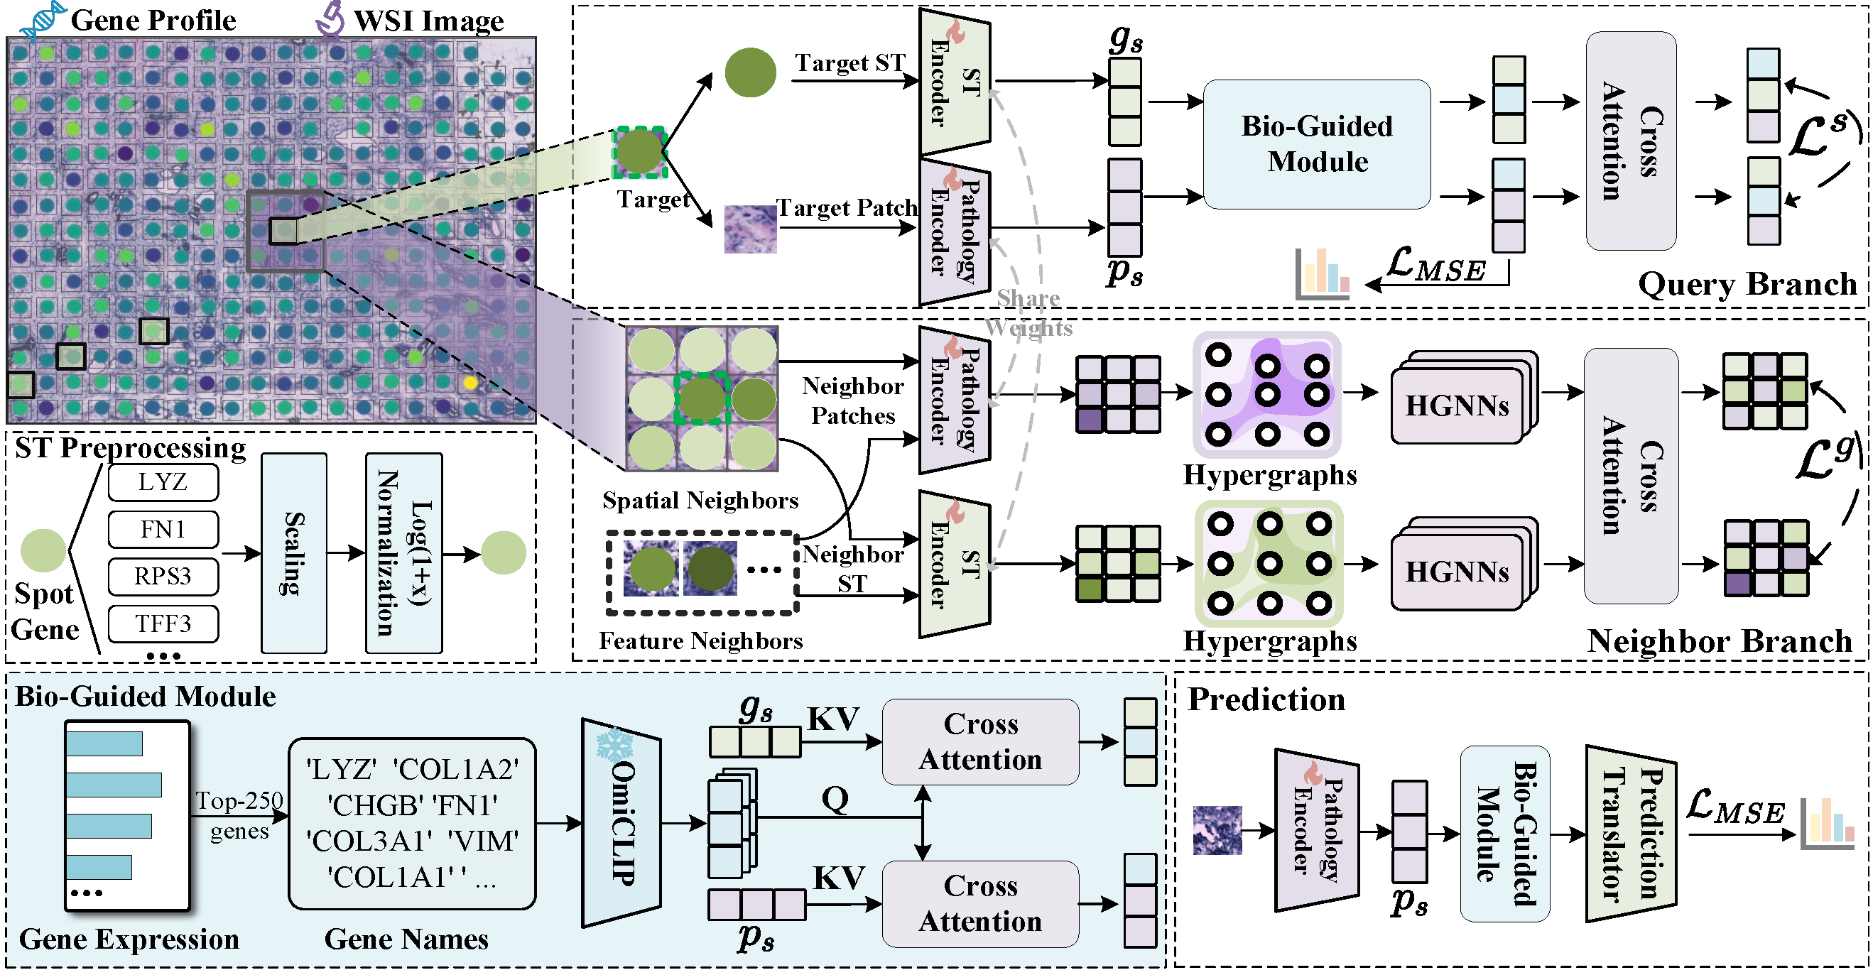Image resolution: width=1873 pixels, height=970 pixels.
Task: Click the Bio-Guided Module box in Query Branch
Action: click(x=1317, y=144)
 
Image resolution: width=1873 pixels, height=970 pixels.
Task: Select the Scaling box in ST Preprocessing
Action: click(x=294, y=553)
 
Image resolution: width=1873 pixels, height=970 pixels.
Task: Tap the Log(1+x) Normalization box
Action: click(x=403, y=553)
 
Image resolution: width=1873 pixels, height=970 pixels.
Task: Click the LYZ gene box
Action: click(x=163, y=482)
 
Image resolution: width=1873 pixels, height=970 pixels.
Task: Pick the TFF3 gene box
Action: click(x=163, y=624)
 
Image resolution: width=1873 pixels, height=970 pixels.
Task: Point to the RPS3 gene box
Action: click(x=163, y=576)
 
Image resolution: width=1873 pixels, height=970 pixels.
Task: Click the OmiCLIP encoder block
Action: click(x=621, y=823)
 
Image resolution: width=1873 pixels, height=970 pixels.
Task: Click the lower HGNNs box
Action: click(x=1464, y=565)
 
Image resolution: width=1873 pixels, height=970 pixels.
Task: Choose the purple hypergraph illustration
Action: click(x=1267, y=395)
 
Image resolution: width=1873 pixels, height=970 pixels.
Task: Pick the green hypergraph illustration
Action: click(x=1269, y=564)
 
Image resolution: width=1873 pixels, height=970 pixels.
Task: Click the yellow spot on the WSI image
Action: click(x=470, y=383)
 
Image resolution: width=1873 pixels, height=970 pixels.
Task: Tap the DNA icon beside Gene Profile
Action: click(x=42, y=20)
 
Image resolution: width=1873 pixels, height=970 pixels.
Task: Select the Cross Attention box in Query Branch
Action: click(x=1631, y=141)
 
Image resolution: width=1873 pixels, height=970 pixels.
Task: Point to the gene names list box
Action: click(x=412, y=824)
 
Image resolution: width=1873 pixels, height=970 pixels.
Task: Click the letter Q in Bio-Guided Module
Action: click(x=835, y=798)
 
